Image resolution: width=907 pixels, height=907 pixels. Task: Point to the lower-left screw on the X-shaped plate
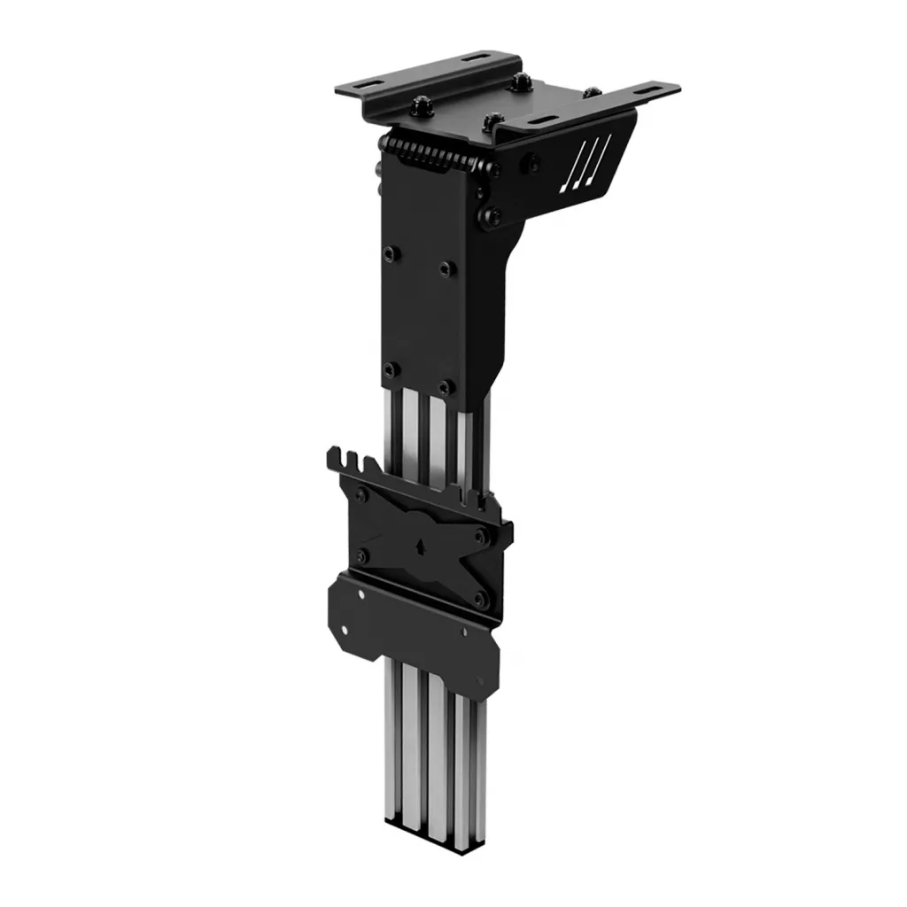pos(361,556)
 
